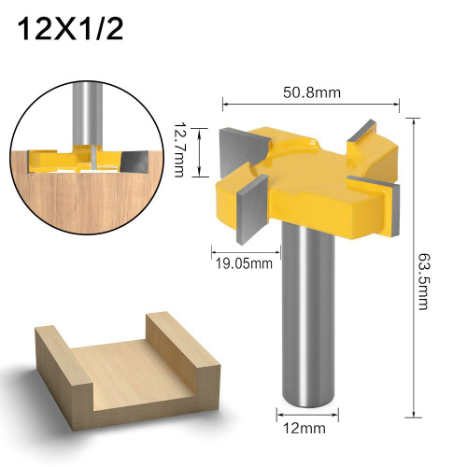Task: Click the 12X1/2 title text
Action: (x=70, y=29)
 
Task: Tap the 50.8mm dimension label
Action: (x=312, y=92)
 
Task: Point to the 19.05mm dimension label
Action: (x=244, y=263)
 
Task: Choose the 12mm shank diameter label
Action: (x=304, y=428)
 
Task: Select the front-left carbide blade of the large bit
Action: (x=252, y=209)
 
